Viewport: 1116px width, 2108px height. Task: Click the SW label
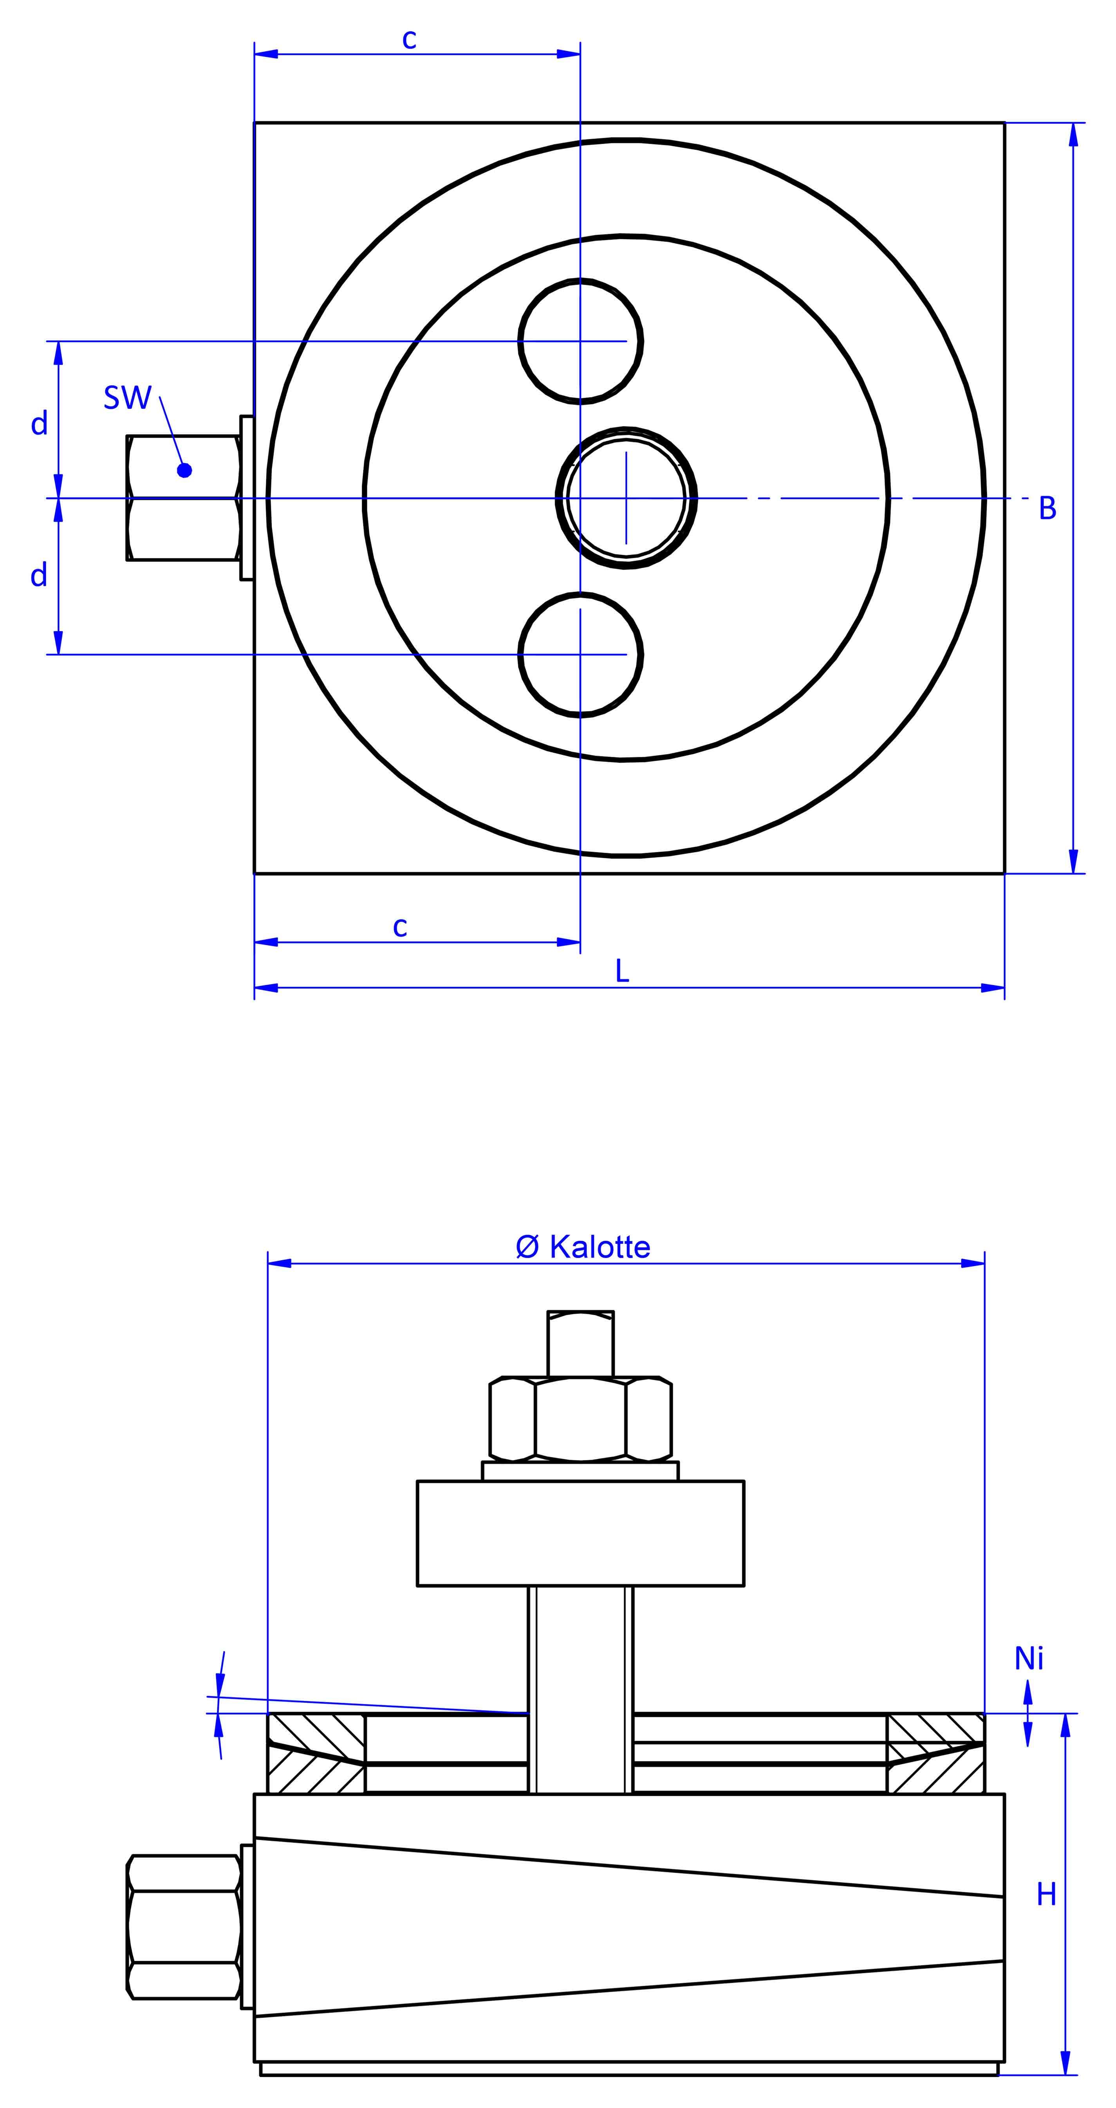128,398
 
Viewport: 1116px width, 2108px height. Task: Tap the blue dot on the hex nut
184,470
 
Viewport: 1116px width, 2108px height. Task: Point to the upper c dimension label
409,38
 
